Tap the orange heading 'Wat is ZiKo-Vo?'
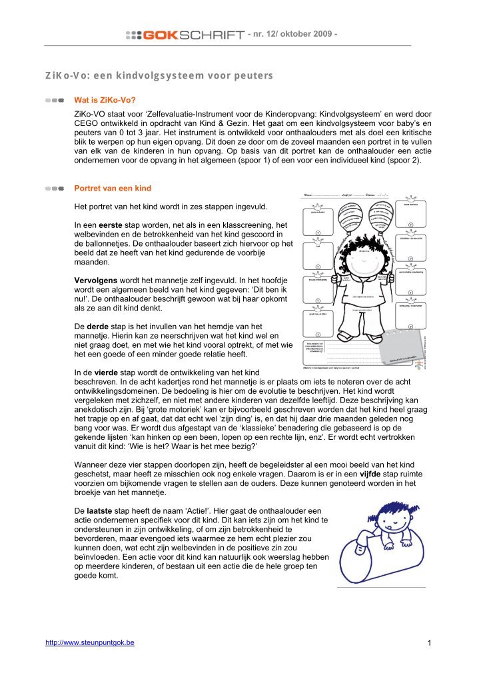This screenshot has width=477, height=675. pos(105,101)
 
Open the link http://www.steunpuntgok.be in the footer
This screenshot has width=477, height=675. pos(89,642)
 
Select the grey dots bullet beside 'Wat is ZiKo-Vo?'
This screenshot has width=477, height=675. pos(55,101)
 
